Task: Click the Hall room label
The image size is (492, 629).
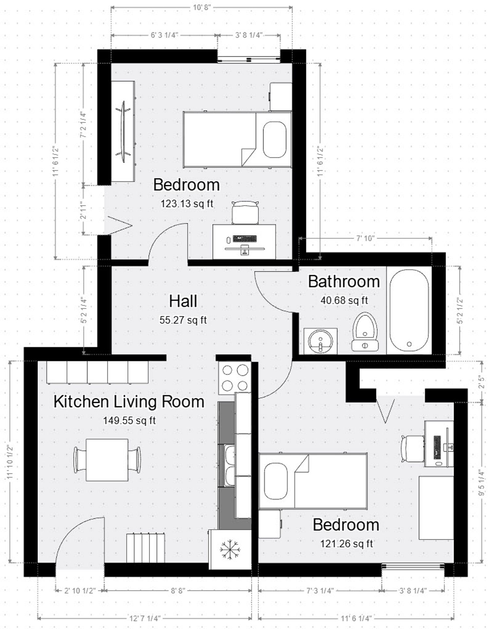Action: click(183, 301)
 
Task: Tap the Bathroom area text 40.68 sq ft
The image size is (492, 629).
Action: click(344, 300)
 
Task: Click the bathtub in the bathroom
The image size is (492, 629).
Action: click(409, 310)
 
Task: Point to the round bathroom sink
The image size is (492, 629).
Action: click(320, 341)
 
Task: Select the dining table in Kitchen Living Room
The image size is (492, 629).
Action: click(107, 460)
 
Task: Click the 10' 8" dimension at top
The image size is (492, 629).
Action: click(201, 7)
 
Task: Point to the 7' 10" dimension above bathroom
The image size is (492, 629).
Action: click(365, 238)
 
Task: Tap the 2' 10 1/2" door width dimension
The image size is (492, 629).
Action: click(80, 591)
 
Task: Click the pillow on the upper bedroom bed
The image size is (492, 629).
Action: click(274, 140)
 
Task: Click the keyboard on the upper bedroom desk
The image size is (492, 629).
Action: click(245, 238)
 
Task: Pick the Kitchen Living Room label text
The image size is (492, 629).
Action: click(129, 402)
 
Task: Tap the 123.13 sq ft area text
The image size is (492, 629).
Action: click(187, 203)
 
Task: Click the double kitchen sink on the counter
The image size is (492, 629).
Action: click(229, 465)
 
